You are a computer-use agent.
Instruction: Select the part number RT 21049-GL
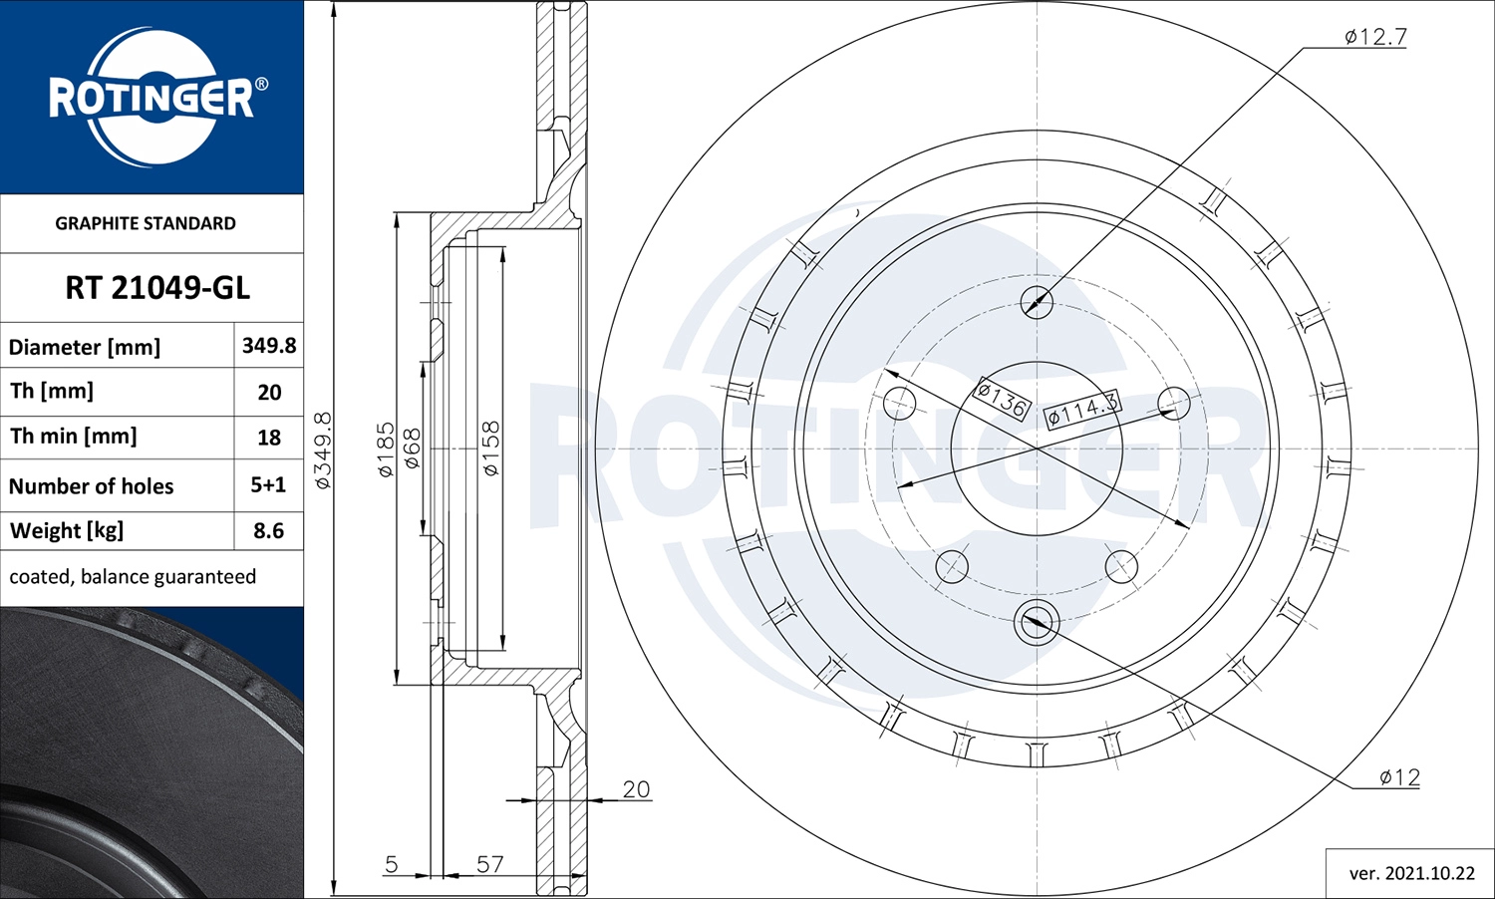click(x=157, y=288)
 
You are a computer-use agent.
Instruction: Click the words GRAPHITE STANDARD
click(x=146, y=223)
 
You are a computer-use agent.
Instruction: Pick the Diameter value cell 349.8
click(x=269, y=345)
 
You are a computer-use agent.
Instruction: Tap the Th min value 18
click(x=269, y=438)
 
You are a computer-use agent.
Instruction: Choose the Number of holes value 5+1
click(x=268, y=484)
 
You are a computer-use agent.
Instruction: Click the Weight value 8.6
click(x=268, y=530)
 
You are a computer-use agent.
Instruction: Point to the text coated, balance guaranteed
click(x=133, y=577)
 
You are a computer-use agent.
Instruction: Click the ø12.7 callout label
click(x=1375, y=37)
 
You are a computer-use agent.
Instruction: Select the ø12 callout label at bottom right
click(x=1399, y=776)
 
